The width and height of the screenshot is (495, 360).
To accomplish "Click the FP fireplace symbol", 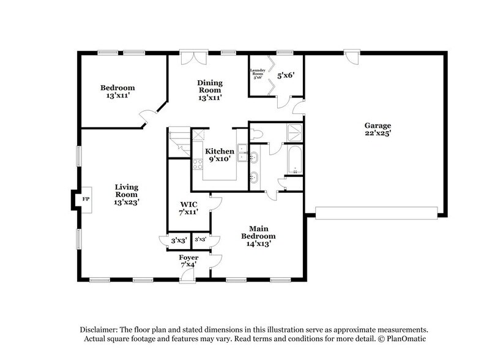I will click(x=84, y=198).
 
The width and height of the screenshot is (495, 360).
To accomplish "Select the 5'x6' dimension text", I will click(x=286, y=76).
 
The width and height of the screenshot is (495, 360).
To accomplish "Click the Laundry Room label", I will click(x=256, y=73).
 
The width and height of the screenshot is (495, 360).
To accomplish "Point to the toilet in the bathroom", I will click(x=256, y=133).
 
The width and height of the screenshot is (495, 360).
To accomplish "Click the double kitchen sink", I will click(x=242, y=152).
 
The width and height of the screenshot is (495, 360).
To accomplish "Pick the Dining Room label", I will click(x=209, y=89).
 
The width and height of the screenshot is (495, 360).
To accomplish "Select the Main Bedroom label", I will click(x=258, y=235).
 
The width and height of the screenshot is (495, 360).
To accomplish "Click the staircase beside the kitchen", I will click(x=178, y=142).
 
